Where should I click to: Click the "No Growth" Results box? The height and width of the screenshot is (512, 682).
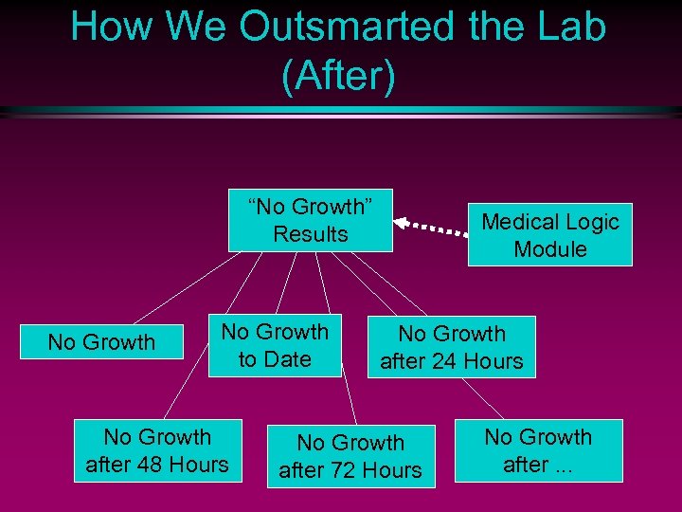point(311,220)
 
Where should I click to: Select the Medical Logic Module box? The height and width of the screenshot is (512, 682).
point(549,235)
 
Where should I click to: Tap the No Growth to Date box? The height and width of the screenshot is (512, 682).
point(275,345)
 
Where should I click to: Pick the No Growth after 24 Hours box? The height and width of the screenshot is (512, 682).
point(451,347)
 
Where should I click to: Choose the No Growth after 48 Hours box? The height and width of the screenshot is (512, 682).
point(157,450)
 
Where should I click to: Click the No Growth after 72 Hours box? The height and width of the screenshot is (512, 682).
point(350,456)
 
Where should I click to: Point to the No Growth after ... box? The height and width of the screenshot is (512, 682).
point(538,450)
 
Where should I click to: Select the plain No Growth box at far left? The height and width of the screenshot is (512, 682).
point(101,342)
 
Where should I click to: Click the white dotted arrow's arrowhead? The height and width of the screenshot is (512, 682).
point(400,223)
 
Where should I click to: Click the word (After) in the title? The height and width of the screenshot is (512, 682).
point(338,76)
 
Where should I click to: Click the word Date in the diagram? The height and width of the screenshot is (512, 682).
point(288,359)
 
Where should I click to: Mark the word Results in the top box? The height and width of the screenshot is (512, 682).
point(311,234)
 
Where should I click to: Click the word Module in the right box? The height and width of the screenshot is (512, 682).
point(550,249)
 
